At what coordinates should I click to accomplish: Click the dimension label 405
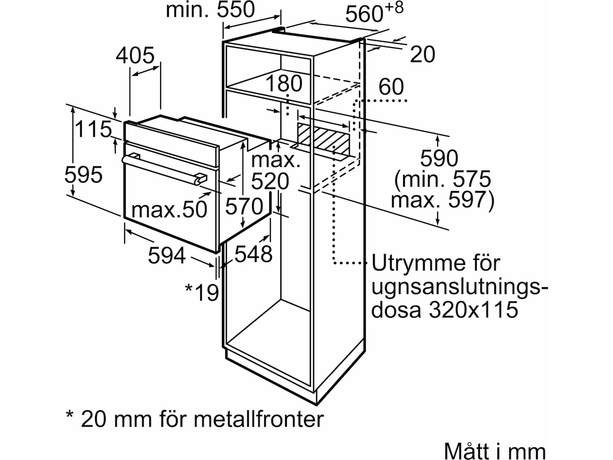pyautogui.click(x=135, y=55)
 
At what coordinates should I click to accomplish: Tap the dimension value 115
pyautogui.click(x=93, y=129)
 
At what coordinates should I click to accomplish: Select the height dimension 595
pyautogui.click(x=84, y=175)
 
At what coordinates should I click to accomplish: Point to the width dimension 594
pyautogui.click(x=167, y=256)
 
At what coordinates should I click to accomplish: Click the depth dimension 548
pyautogui.click(x=253, y=254)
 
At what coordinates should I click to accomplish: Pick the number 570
pyautogui.click(x=244, y=207)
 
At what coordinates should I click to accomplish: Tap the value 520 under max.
pyautogui.click(x=270, y=182)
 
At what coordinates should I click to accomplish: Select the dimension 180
pyautogui.click(x=284, y=83)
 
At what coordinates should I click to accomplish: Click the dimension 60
pyautogui.click(x=391, y=87)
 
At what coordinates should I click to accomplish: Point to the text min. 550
pyautogui.click(x=210, y=10)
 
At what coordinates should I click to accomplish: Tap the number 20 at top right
pyautogui.click(x=423, y=54)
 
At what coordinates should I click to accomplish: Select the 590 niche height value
pyautogui.click(x=439, y=158)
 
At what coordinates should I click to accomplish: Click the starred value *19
pyautogui.click(x=202, y=292)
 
